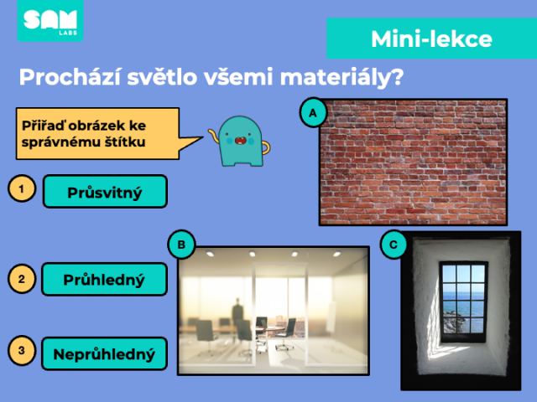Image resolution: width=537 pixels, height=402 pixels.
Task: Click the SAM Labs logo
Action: [x=50, y=20]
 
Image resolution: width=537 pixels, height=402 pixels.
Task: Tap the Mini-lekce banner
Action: [x=431, y=39]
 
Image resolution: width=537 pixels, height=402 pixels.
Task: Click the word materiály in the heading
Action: [x=341, y=77]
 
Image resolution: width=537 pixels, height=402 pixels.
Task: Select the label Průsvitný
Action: [x=105, y=192]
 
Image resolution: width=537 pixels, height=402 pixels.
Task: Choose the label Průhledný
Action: [x=104, y=279]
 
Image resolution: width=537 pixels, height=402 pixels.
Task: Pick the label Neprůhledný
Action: [x=104, y=353]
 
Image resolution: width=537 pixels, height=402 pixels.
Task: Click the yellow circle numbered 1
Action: [x=22, y=188]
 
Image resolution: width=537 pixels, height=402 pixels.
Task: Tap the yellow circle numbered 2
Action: [x=22, y=279]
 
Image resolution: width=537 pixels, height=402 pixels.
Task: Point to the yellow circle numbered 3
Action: [x=22, y=350]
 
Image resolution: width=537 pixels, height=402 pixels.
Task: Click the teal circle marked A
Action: [x=313, y=112]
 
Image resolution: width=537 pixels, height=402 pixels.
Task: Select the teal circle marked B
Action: [x=181, y=245]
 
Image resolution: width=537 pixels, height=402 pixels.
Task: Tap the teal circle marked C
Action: [x=394, y=245]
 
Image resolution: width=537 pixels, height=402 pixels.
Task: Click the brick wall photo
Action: [x=413, y=162]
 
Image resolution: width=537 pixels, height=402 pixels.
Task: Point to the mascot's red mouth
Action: [x=240, y=141]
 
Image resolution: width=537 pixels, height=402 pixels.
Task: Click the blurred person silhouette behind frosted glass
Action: [x=237, y=312]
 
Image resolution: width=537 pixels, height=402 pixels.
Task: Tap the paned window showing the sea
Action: [x=464, y=301]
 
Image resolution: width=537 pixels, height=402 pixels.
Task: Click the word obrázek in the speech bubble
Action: [x=97, y=126]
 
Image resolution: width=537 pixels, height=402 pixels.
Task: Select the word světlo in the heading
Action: [x=162, y=76]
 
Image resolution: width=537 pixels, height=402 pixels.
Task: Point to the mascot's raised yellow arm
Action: [x=212, y=136]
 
